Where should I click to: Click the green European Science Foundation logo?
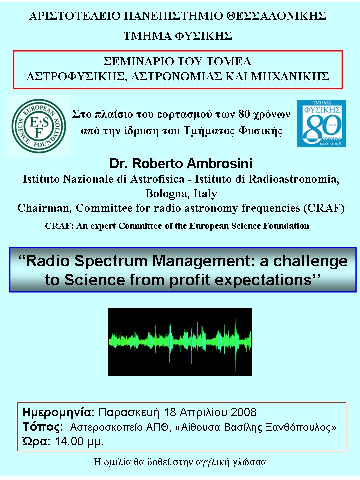click(x=39, y=126)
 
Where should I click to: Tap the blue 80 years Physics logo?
click(x=322, y=123)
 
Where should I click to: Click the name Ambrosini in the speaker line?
click(x=220, y=164)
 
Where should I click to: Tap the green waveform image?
click(x=180, y=342)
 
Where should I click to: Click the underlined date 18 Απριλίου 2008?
click(x=210, y=412)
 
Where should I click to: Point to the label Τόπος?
click(x=43, y=427)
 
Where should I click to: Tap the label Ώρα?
click(x=36, y=441)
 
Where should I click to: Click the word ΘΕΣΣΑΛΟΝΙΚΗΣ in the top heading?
click(x=276, y=16)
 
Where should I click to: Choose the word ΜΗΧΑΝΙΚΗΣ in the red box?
click(x=290, y=76)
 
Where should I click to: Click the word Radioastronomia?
click(x=294, y=179)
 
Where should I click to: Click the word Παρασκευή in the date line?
click(x=129, y=413)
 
